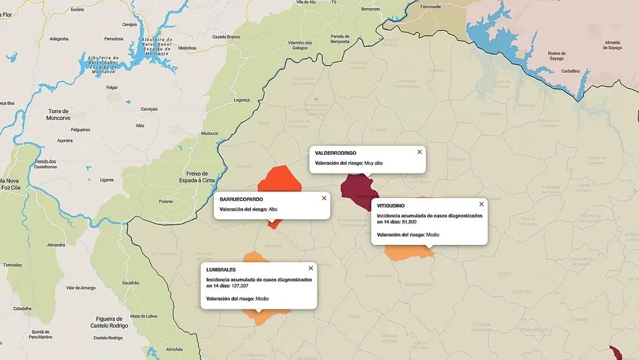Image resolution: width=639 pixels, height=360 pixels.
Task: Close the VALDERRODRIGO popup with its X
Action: coord(420,152)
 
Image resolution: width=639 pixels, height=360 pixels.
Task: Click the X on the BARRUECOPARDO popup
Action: coord(324,199)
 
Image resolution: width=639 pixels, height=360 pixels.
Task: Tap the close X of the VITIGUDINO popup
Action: coord(482,204)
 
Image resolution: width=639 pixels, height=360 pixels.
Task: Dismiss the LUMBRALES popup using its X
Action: coord(311,268)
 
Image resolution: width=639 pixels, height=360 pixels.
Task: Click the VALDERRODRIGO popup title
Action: coord(335,153)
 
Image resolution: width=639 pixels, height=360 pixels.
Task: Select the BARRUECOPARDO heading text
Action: coord(241,199)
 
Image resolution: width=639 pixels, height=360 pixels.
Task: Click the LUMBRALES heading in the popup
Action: coord(225,269)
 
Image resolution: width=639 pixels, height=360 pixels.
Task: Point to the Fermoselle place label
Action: coord(430,7)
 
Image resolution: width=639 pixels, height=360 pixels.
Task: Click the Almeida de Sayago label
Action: coord(613,45)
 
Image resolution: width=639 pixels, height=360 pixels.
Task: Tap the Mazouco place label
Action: coord(209,133)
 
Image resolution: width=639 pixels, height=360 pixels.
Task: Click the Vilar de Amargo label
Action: coord(80,288)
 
